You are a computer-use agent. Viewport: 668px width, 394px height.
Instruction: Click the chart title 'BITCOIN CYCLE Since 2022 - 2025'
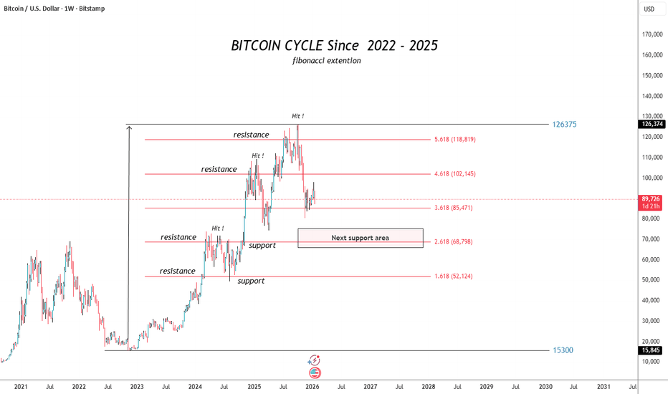point(334,45)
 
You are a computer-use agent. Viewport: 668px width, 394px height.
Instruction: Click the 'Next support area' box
point(360,238)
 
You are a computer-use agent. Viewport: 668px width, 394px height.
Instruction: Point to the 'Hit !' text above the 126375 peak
point(297,115)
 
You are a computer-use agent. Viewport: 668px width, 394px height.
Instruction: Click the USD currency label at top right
point(650,9)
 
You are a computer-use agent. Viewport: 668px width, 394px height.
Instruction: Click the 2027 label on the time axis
point(371,386)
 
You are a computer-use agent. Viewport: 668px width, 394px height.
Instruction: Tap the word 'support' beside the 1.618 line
point(251,281)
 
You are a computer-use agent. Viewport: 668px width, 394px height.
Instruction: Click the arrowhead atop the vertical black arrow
point(128,128)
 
